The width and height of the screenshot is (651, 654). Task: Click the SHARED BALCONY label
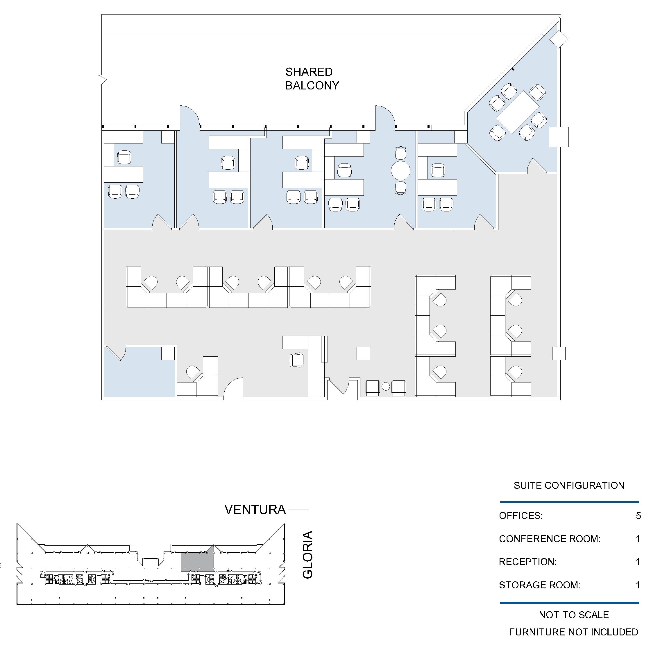[312, 78]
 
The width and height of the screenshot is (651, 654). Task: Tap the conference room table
[518, 112]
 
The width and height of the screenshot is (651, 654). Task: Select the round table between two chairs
[401, 170]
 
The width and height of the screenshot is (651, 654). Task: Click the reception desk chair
[297, 360]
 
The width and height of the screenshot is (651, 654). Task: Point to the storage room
[139, 372]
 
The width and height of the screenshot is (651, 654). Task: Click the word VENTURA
[255, 510]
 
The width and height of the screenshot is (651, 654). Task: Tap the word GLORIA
[307, 555]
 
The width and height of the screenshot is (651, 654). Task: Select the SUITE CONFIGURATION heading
[569, 486]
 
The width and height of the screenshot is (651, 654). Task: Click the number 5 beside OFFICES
[638, 515]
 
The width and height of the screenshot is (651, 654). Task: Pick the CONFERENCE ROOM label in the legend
[549, 539]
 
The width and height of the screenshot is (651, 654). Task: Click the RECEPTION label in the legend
[528, 562]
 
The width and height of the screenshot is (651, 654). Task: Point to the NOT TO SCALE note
[574, 615]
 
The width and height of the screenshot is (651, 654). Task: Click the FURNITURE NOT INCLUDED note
[573, 632]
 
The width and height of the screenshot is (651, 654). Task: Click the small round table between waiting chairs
[386, 386]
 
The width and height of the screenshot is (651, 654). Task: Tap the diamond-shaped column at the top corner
[559, 39]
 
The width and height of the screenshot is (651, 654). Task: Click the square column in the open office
[363, 353]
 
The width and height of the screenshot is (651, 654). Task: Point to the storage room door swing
[117, 353]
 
